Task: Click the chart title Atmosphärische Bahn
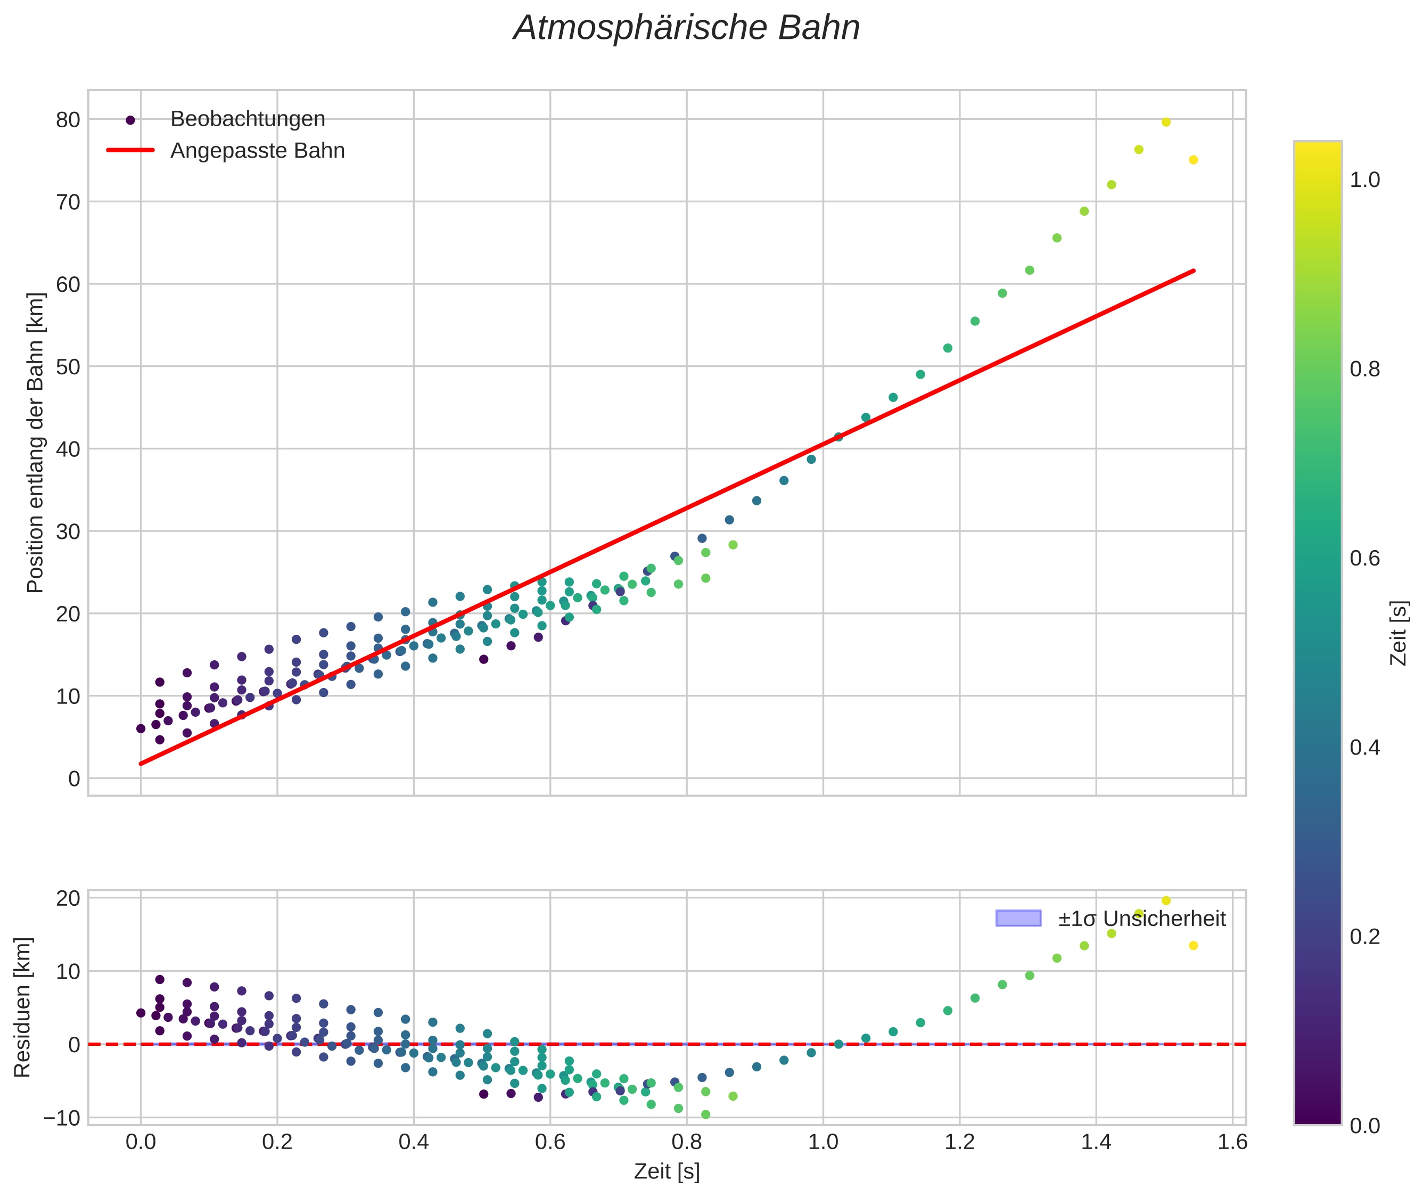[686, 28]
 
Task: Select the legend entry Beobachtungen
[248, 119]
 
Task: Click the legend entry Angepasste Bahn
[257, 151]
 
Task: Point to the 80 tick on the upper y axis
[68, 120]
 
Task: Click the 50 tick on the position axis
[68, 367]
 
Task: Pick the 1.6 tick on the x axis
[1232, 1142]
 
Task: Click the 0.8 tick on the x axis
[686, 1142]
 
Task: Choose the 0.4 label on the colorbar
[1364, 748]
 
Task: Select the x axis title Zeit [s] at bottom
[667, 1172]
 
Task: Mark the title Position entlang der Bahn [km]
[35, 443]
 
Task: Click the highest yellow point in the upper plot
[1166, 122]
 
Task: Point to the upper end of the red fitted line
[1193, 271]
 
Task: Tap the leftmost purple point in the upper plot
[141, 729]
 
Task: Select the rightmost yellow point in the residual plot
[1193, 945]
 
